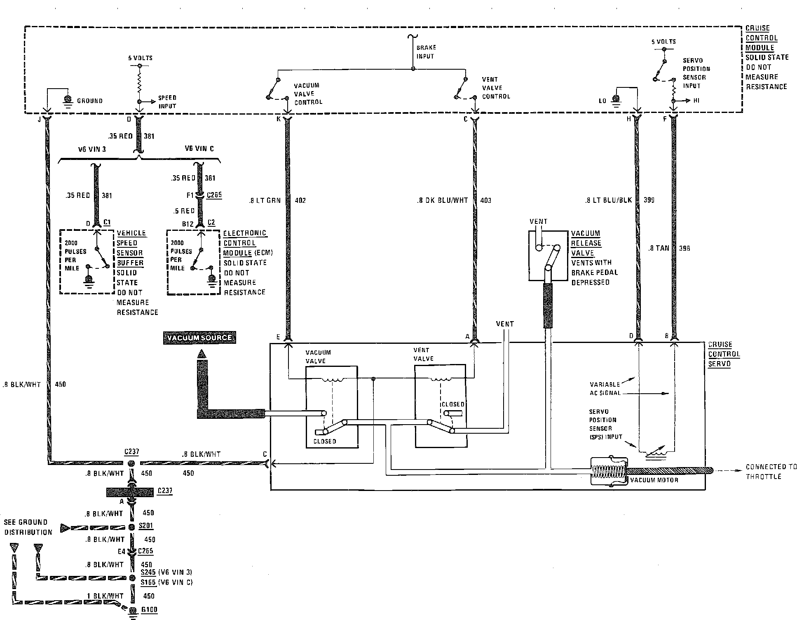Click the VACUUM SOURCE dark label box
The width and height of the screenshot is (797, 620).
(199, 338)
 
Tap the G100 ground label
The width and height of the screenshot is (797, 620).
(149, 609)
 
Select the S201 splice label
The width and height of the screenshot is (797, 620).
(146, 526)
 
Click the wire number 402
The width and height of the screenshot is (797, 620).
(301, 200)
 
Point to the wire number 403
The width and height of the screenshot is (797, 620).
(486, 200)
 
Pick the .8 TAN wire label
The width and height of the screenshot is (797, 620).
(658, 248)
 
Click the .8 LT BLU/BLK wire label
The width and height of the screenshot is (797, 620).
(608, 200)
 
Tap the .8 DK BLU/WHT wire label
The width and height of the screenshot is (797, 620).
(442, 200)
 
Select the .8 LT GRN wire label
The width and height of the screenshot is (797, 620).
(265, 200)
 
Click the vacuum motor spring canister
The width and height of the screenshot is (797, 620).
(609, 471)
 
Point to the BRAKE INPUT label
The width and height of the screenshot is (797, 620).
(426, 52)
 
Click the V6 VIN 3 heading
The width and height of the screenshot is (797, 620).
(92, 149)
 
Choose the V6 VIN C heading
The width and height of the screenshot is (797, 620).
(199, 148)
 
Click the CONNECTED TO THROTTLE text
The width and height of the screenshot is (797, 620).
(771, 472)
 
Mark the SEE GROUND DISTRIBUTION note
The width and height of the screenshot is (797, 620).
(28, 527)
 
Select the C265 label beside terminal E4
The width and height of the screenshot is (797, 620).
(145, 551)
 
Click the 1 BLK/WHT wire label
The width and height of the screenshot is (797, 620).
(105, 596)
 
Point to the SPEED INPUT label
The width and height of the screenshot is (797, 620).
(167, 102)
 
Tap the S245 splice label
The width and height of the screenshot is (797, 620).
(148, 572)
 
